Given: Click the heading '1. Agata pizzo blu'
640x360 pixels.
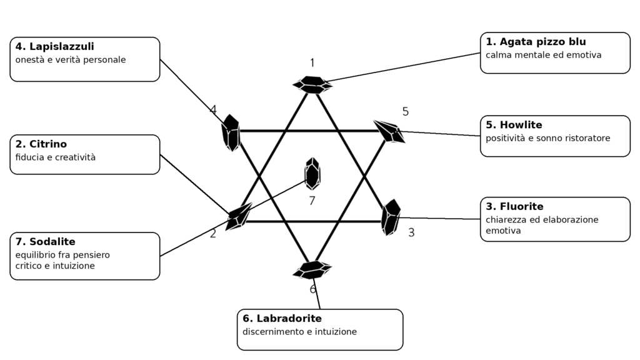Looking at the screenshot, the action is click(536, 42).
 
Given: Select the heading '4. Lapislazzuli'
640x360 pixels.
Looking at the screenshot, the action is click(55, 46).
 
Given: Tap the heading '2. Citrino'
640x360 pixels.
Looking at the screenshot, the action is click(41, 144).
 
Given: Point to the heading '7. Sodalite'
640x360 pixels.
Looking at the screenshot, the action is click(45, 242).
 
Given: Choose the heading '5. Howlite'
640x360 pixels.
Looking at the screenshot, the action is click(514, 125).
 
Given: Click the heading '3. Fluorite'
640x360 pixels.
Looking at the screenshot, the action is click(514, 206).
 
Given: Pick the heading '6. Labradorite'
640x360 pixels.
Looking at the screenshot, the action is click(282, 318).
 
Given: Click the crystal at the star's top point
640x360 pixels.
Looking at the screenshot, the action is click(312, 85).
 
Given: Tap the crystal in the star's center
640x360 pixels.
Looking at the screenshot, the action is click(312, 174).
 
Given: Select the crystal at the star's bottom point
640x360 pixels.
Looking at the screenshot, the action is click(312, 270).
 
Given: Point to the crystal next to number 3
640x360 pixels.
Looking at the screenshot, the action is click(391, 217).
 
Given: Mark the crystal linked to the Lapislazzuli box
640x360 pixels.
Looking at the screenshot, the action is click(231, 132).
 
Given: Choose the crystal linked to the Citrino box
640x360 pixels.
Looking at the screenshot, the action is click(239, 216).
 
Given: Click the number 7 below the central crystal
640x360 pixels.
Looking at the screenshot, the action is click(312, 201).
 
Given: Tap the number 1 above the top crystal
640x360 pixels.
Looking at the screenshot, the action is click(312, 63).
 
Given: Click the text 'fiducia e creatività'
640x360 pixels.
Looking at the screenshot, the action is click(56, 157).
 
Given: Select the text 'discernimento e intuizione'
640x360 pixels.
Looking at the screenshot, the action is click(299, 332).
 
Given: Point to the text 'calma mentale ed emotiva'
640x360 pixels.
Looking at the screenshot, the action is click(543, 55).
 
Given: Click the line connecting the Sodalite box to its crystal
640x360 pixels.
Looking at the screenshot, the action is click(234, 218).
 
